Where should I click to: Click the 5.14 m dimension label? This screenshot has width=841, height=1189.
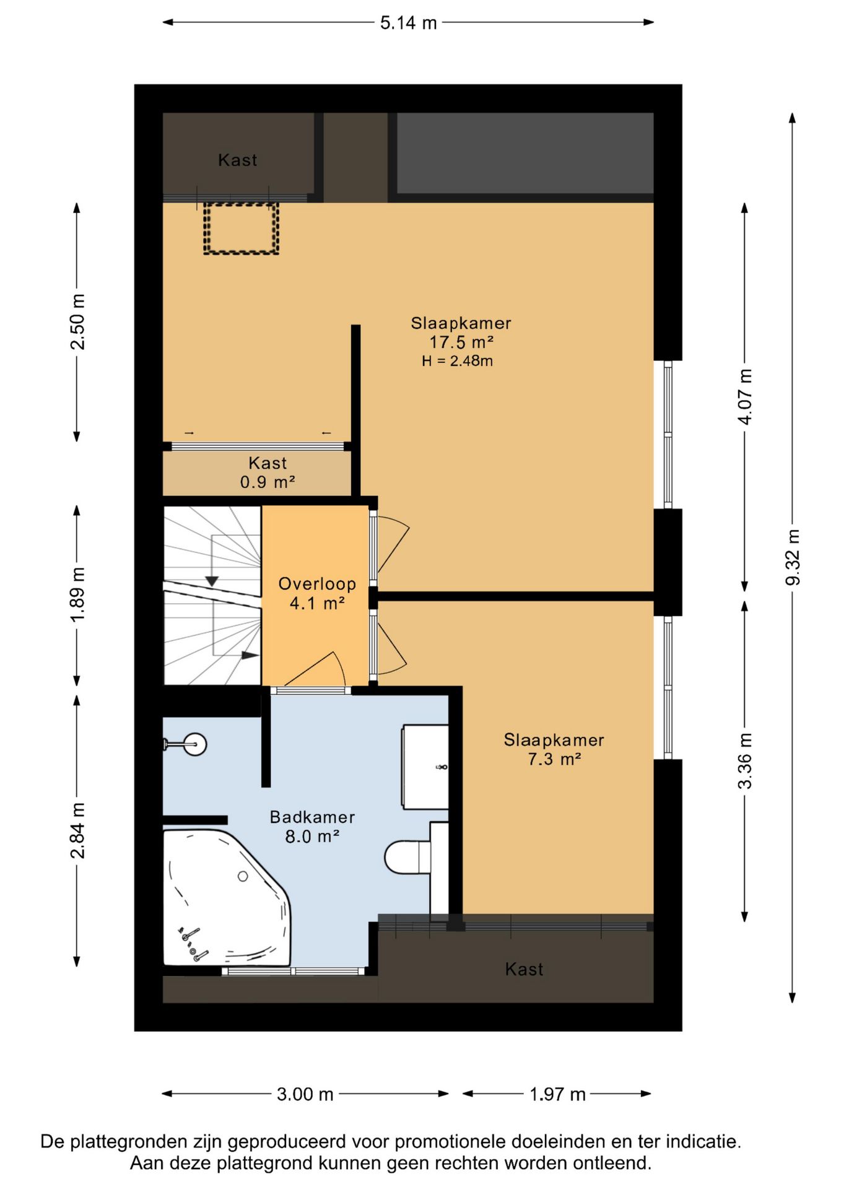coord(408,23)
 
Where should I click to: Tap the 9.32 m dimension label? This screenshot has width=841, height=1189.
coord(793,557)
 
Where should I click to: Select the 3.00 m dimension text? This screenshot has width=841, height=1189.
coord(305,1094)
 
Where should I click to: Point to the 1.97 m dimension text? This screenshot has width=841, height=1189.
coord(557,1094)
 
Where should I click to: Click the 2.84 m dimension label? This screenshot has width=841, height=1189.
coord(77,830)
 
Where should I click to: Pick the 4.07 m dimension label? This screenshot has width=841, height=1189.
coord(745,397)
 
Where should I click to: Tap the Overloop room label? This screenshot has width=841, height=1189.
coord(317,584)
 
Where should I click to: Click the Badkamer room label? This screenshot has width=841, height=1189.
coord(312,817)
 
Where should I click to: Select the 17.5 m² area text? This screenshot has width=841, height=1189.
coord(461,342)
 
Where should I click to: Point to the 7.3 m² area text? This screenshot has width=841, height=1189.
coord(554,759)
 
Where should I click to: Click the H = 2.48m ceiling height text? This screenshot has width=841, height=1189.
coord(457,361)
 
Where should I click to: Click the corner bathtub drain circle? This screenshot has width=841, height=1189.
coord(243,876)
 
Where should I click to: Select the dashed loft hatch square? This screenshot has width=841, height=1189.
coord(241,228)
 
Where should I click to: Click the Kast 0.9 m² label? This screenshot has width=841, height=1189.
coord(268,473)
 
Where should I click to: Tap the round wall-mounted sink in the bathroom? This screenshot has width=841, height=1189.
coord(194,744)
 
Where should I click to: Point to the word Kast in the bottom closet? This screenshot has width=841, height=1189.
coord(524,969)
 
